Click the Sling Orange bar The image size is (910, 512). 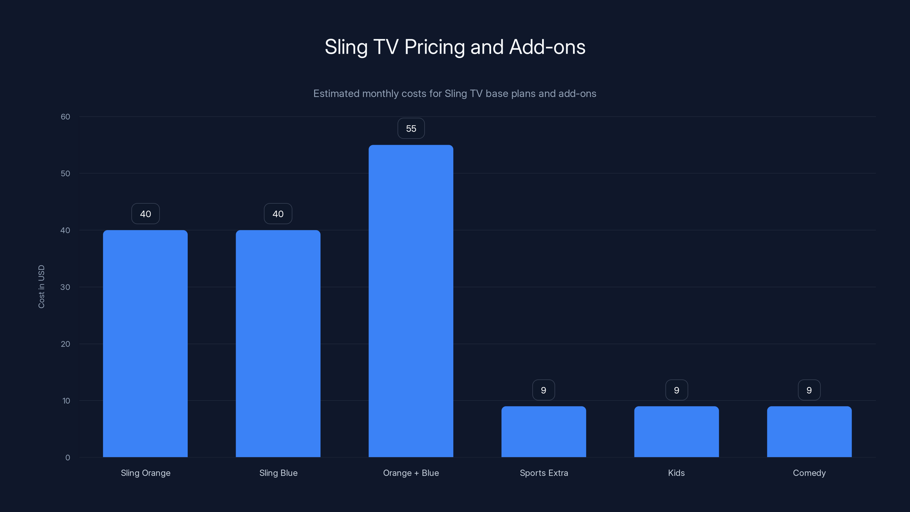click(x=145, y=343)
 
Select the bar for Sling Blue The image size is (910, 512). click(x=278, y=343)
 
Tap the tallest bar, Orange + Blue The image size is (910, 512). click(x=411, y=301)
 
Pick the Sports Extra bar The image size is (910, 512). click(x=544, y=432)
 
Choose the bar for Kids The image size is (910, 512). click(x=677, y=432)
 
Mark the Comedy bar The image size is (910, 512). click(x=809, y=432)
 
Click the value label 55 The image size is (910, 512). click(x=411, y=129)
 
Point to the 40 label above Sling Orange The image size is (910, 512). click(x=145, y=214)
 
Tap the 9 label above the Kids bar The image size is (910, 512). click(x=677, y=390)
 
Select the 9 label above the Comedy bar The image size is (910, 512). click(x=809, y=390)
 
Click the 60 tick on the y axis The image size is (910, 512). click(x=65, y=117)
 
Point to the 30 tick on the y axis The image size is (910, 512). click(x=65, y=287)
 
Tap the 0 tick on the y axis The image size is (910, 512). click(x=67, y=458)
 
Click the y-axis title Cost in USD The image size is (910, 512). click(x=41, y=286)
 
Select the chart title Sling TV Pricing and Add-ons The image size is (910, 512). click(x=455, y=47)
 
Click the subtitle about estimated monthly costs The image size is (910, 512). click(x=455, y=94)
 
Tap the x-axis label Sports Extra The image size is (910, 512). click(x=544, y=473)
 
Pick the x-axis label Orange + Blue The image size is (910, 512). click(x=411, y=473)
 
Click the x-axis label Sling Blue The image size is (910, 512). click(x=278, y=473)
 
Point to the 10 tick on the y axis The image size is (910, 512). click(x=66, y=401)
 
